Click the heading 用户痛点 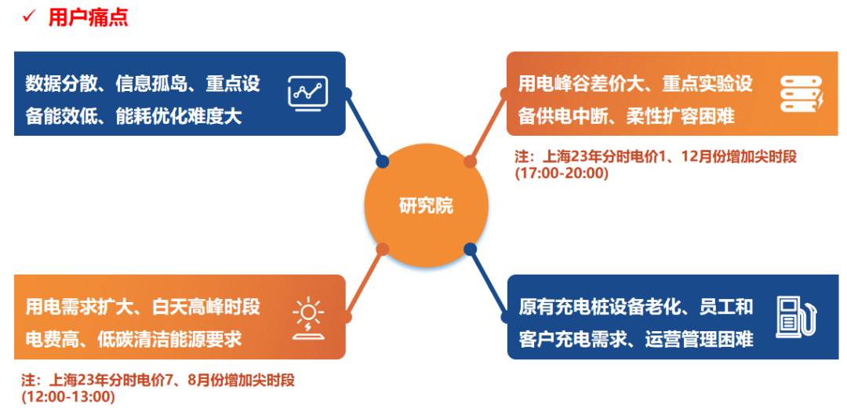[x=88, y=17]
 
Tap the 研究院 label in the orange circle [x=426, y=206]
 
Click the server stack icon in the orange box [x=801, y=93]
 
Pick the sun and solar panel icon [x=307, y=318]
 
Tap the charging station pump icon [x=796, y=317]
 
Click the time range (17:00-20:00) [x=562, y=173]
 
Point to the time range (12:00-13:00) [x=68, y=397]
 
